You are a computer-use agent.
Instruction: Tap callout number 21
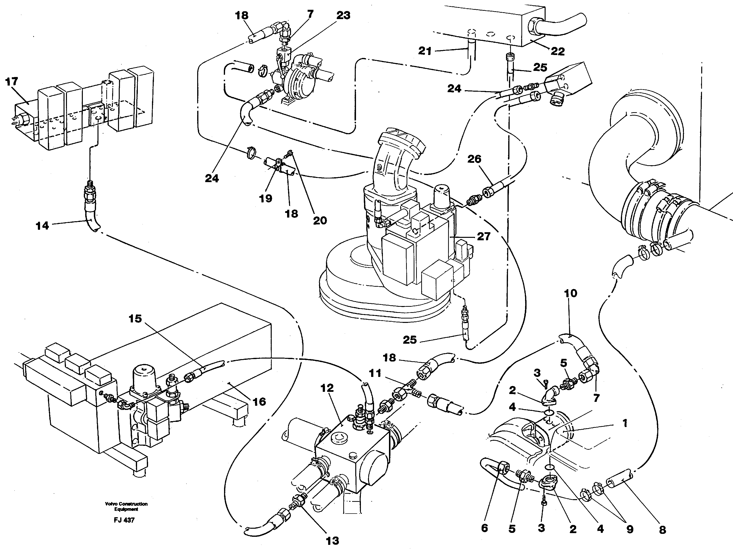pos(425,51)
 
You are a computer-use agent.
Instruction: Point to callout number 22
pos(557,51)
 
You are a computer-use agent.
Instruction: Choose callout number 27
pos(484,236)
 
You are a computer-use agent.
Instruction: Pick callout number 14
pos(42,226)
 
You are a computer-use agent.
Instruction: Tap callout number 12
pos(327,388)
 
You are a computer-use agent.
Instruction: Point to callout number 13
pos(332,541)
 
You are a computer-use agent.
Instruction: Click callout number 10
pos(570,293)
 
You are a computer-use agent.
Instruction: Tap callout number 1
pos(625,423)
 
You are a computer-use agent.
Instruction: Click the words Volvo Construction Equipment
pos(126,506)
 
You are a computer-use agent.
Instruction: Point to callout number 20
pos(320,220)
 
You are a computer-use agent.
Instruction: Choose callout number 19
pos(265,198)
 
